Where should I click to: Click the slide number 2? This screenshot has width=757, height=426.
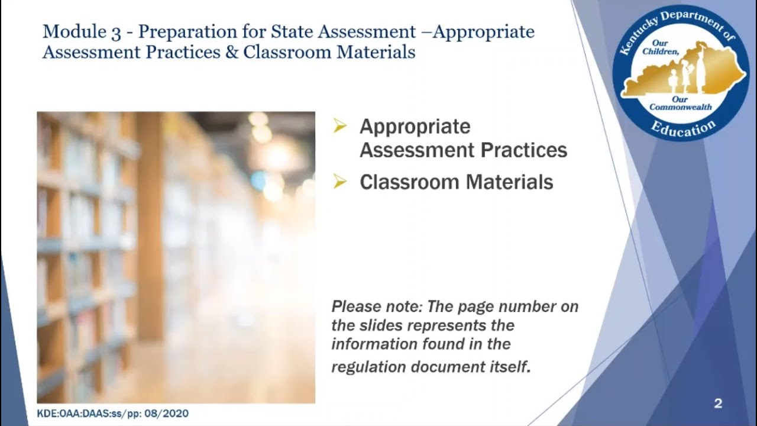click(718, 404)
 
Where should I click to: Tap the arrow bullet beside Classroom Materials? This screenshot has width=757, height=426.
click(339, 182)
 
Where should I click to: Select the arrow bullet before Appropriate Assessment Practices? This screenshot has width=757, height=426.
click(339, 125)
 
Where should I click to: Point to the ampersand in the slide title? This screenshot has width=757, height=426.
click(231, 52)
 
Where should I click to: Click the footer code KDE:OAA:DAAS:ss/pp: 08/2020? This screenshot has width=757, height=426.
click(112, 413)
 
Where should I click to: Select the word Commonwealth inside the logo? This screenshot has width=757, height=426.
click(681, 107)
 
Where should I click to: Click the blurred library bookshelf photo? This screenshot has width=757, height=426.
click(176, 257)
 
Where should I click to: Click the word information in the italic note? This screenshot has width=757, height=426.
click(370, 344)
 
